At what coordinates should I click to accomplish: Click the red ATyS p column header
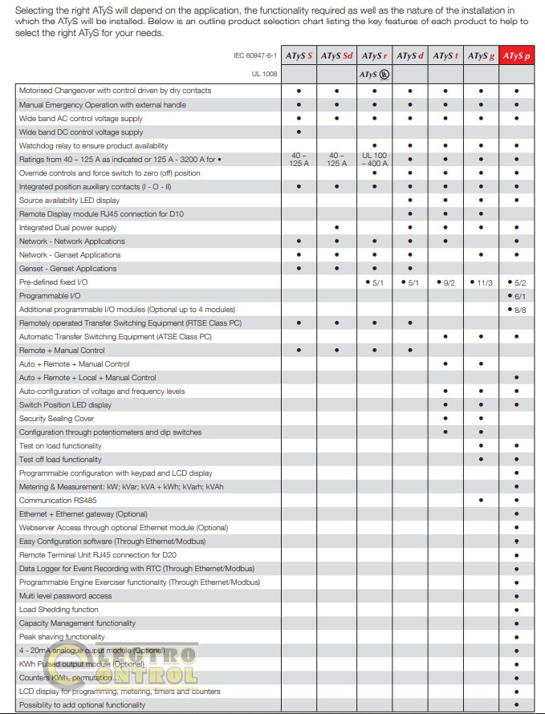pos(517,56)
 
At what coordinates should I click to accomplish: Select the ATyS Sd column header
pos(336,56)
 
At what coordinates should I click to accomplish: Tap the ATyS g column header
pos(481,56)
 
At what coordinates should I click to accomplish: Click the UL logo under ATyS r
pos(374,75)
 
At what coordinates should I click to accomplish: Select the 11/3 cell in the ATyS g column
pos(482,282)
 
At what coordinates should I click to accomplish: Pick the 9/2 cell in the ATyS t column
pos(447,282)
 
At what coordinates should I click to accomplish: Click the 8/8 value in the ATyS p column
pos(517,310)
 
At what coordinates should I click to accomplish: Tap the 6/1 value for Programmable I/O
pos(517,296)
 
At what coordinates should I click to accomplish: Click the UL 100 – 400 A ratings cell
pos(375,159)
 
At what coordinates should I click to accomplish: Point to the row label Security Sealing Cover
pos(56,418)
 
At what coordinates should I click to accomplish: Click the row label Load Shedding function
pos(59,610)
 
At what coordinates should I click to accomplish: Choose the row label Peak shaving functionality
pos(62,637)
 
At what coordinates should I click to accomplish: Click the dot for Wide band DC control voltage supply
pos(299,132)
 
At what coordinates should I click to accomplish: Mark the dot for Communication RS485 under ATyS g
pos(481,500)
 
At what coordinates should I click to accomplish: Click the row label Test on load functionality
pos(60,445)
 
